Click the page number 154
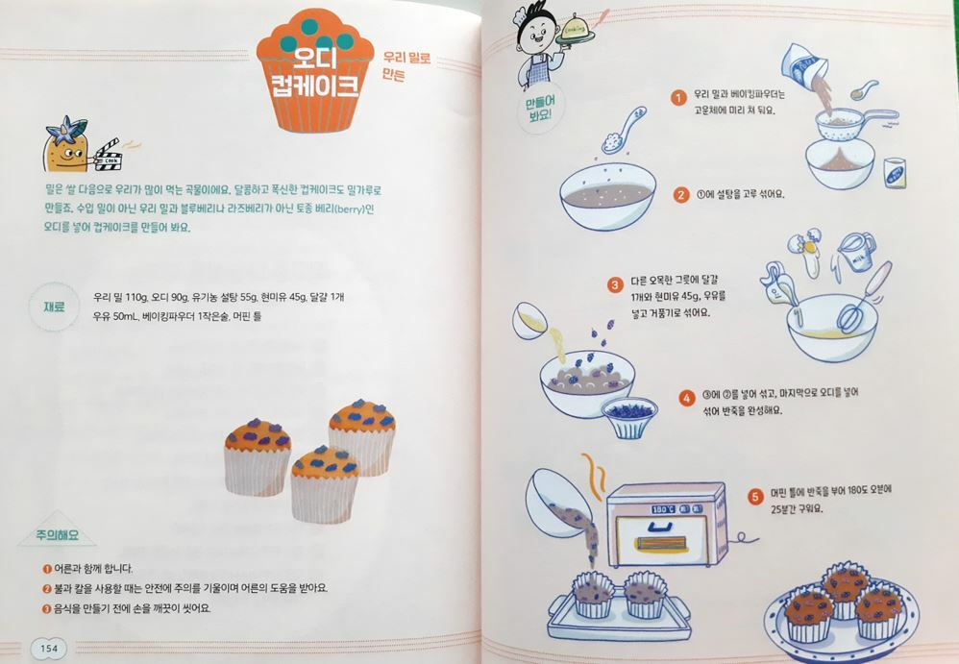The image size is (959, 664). pos(49,648)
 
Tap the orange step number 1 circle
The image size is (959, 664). pos(677,98)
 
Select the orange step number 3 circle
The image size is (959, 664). pos(615,285)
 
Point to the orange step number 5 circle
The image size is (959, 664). pos(756,497)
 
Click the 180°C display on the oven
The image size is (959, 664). pos(664,508)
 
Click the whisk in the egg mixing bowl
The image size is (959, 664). pos(862,298)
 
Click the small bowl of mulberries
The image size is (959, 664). pos(630,416)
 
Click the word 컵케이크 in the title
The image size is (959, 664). pos(315,86)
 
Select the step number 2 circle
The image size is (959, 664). pos(681,195)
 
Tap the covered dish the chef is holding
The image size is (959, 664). pos(575,32)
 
